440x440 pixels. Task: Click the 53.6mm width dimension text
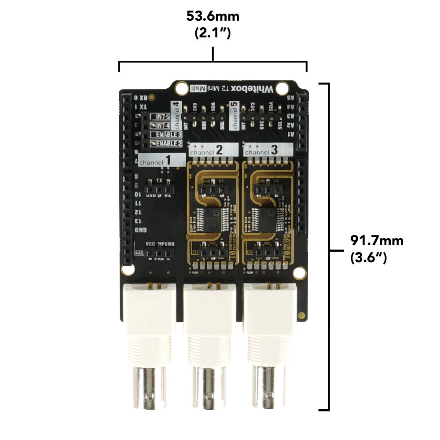pyautogui.click(x=213, y=17)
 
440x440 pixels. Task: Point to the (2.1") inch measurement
pyautogui.click(x=213, y=33)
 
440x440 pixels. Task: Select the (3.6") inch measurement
pyautogui.click(x=369, y=257)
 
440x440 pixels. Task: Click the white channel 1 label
pyautogui.click(x=161, y=160)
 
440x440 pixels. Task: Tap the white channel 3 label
pyautogui.click(x=267, y=150)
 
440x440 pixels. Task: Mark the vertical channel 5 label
pyautogui.click(x=235, y=115)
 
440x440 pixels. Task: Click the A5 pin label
pyautogui.click(x=290, y=99)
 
